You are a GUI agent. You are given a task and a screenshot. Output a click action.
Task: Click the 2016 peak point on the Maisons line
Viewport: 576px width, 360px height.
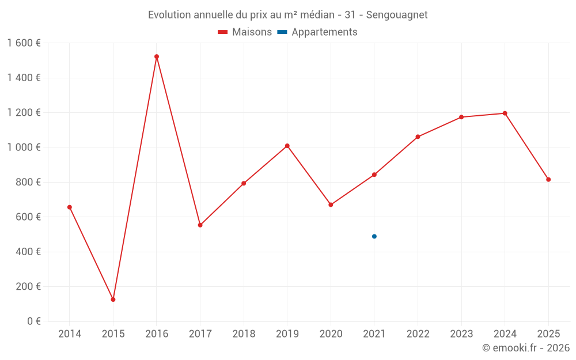point(157,56)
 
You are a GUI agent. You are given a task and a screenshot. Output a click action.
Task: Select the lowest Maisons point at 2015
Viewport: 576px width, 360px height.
point(113,300)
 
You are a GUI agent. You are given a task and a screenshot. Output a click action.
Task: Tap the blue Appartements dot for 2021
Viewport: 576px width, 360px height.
point(374,236)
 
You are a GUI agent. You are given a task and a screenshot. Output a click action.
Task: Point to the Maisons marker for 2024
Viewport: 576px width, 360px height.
point(505,113)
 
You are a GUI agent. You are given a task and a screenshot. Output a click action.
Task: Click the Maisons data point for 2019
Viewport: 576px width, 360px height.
point(287,146)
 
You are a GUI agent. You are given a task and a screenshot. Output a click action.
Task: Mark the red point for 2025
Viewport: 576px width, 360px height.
point(548,180)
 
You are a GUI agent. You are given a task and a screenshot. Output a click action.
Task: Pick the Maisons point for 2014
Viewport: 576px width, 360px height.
point(70,207)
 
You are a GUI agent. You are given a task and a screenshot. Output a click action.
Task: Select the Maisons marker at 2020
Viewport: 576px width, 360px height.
point(331,204)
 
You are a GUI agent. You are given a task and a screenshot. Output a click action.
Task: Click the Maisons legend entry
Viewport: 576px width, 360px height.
point(245,32)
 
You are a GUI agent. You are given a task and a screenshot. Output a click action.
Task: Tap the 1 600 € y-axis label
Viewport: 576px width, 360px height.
point(24,43)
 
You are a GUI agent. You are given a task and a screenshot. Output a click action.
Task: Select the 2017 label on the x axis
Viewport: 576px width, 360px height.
point(200,334)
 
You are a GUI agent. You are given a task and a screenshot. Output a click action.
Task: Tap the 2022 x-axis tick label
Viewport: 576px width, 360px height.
point(418,334)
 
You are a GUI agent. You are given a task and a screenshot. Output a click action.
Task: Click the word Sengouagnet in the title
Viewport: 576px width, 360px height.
point(397,15)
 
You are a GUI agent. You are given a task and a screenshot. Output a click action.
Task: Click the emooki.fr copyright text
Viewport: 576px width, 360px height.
point(526,348)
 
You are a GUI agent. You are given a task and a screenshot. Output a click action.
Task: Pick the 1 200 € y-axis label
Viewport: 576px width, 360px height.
point(24,112)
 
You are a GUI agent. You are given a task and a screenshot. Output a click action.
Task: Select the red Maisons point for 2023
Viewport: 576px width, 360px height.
point(461,117)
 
